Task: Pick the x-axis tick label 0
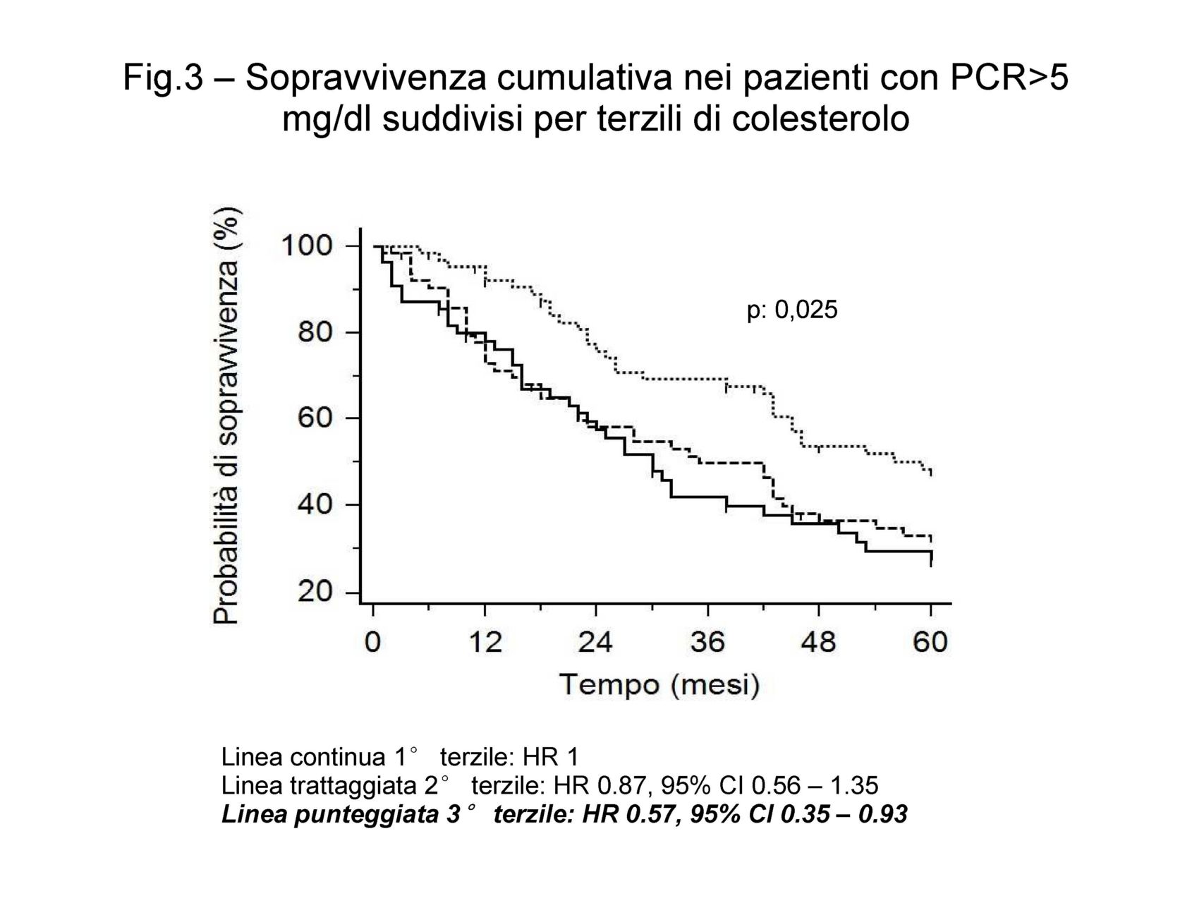pos(373,643)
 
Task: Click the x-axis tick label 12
pos(485,643)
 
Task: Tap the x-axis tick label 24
pos(596,643)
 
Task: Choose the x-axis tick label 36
pos(707,643)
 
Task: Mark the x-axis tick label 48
pos(819,643)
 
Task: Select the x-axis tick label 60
pos(930,643)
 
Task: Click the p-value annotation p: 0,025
pos(792,310)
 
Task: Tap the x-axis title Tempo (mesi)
pos(659,685)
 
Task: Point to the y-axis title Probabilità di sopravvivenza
pos(226,416)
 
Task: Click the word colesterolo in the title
pos(821,119)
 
